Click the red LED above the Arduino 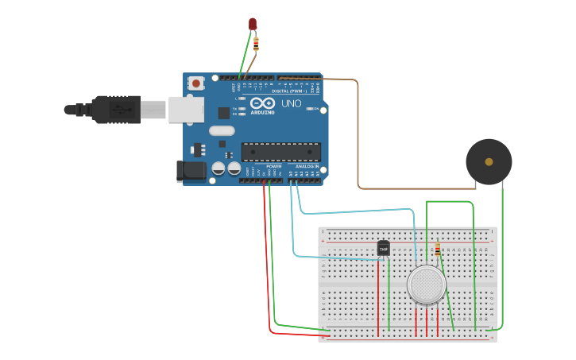(253, 25)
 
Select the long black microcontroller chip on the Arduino (281, 151)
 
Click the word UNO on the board (292, 103)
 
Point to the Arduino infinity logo (261, 103)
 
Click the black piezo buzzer (489, 161)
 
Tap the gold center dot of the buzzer (489, 161)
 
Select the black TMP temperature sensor (384, 249)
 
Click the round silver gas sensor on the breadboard (426, 284)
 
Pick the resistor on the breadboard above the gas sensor (437, 250)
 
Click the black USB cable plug (115, 109)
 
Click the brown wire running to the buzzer (359, 135)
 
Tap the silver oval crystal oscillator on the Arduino (222, 131)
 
